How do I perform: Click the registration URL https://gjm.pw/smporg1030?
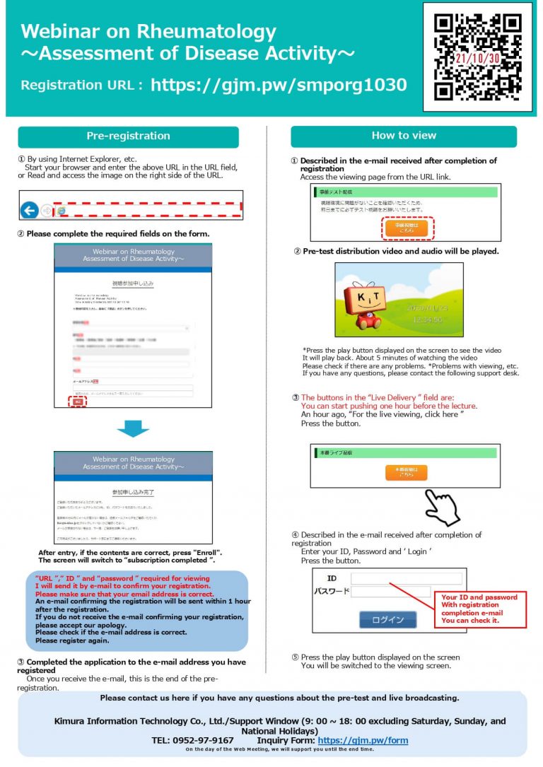coord(279,86)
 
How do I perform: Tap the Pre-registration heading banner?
coord(128,136)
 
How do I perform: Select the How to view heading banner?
coord(404,136)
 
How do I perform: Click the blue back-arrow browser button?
coord(29,210)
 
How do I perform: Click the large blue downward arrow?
coord(133,428)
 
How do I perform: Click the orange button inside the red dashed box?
coord(407,227)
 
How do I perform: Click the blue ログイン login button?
coord(388,619)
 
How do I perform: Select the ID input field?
coord(406,578)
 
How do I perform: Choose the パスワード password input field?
coord(390,592)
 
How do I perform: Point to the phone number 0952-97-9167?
coord(206,741)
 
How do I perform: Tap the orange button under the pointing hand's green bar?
coord(406,472)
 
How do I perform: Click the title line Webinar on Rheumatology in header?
coord(148,32)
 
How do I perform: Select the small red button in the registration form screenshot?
coord(77,402)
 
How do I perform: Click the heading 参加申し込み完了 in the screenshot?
coord(133,491)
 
